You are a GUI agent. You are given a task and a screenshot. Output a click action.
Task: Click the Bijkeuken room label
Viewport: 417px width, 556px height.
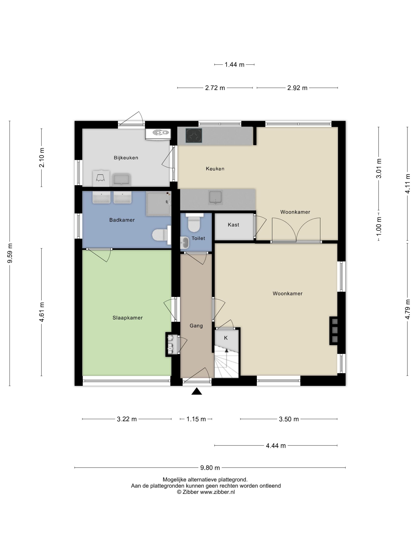tap(126, 158)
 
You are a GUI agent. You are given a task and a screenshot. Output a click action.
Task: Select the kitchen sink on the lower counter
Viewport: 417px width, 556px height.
tap(215, 198)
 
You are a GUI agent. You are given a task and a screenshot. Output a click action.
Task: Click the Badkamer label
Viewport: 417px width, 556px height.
tap(122, 220)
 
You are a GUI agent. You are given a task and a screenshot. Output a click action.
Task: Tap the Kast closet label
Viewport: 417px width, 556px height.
tap(233, 225)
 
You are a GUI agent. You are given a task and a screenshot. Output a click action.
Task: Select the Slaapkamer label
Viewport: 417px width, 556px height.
tap(127, 318)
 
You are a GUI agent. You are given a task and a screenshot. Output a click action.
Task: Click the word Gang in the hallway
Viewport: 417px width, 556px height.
tap(196, 326)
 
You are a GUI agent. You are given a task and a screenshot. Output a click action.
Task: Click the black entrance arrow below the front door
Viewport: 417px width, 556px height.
tap(197, 391)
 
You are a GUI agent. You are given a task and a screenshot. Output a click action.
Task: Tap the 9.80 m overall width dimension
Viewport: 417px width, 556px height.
tap(210, 468)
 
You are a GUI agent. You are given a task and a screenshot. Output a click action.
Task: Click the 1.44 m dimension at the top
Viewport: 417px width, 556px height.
tap(234, 65)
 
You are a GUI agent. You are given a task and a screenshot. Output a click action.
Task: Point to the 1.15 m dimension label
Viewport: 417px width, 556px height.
tap(196, 419)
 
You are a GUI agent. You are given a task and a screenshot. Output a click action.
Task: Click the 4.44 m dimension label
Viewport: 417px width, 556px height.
tap(276, 446)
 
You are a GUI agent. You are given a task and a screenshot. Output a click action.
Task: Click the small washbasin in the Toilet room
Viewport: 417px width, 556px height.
tap(184, 243)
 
